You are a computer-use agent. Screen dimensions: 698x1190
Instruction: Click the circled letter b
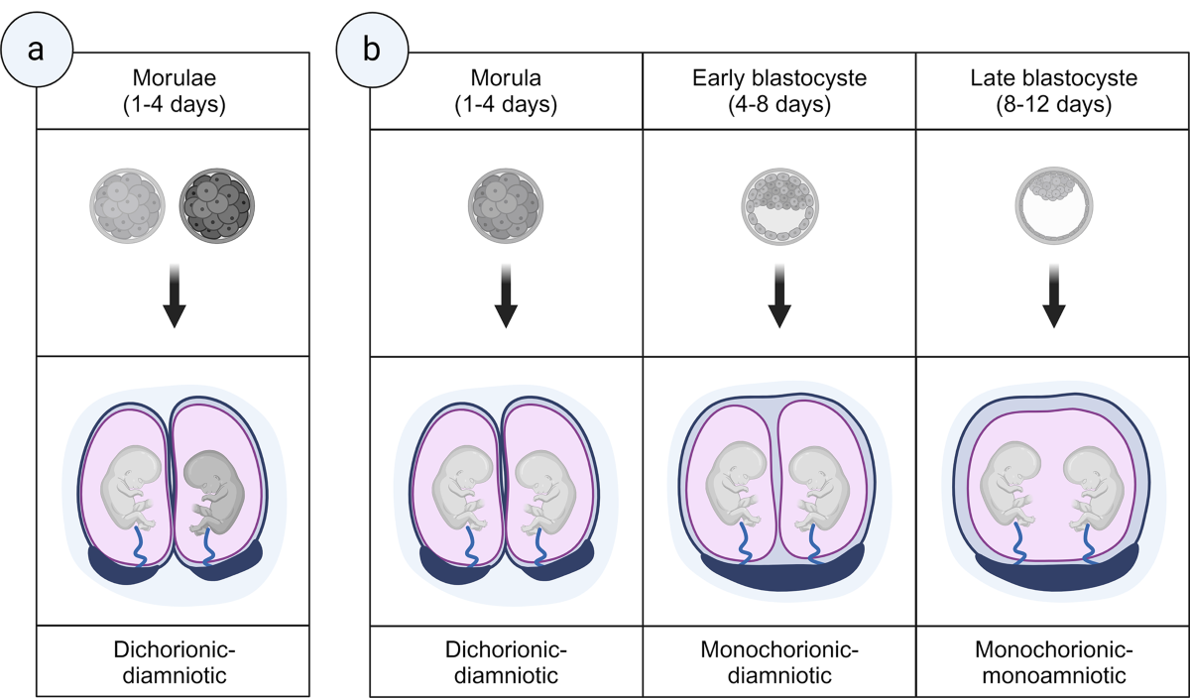(x=371, y=50)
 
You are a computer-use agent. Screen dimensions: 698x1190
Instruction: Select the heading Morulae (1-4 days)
(x=174, y=89)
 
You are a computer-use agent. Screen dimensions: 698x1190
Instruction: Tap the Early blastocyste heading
(x=778, y=89)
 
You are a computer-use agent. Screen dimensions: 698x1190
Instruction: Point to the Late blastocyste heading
(x=1052, y=89)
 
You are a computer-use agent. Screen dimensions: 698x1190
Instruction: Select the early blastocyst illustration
(x=780, y=205)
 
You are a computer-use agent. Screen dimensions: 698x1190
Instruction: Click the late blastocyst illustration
(x=1053, y=205)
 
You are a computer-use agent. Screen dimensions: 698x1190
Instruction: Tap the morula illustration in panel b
(x=506, y=204)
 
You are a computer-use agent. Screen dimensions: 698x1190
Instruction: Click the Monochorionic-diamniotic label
(x=778, y=662)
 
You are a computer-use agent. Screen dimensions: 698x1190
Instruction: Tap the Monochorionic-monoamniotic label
(x=1052, y=662)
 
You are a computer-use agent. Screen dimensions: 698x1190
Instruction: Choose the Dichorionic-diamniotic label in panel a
(x=174, y=662)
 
